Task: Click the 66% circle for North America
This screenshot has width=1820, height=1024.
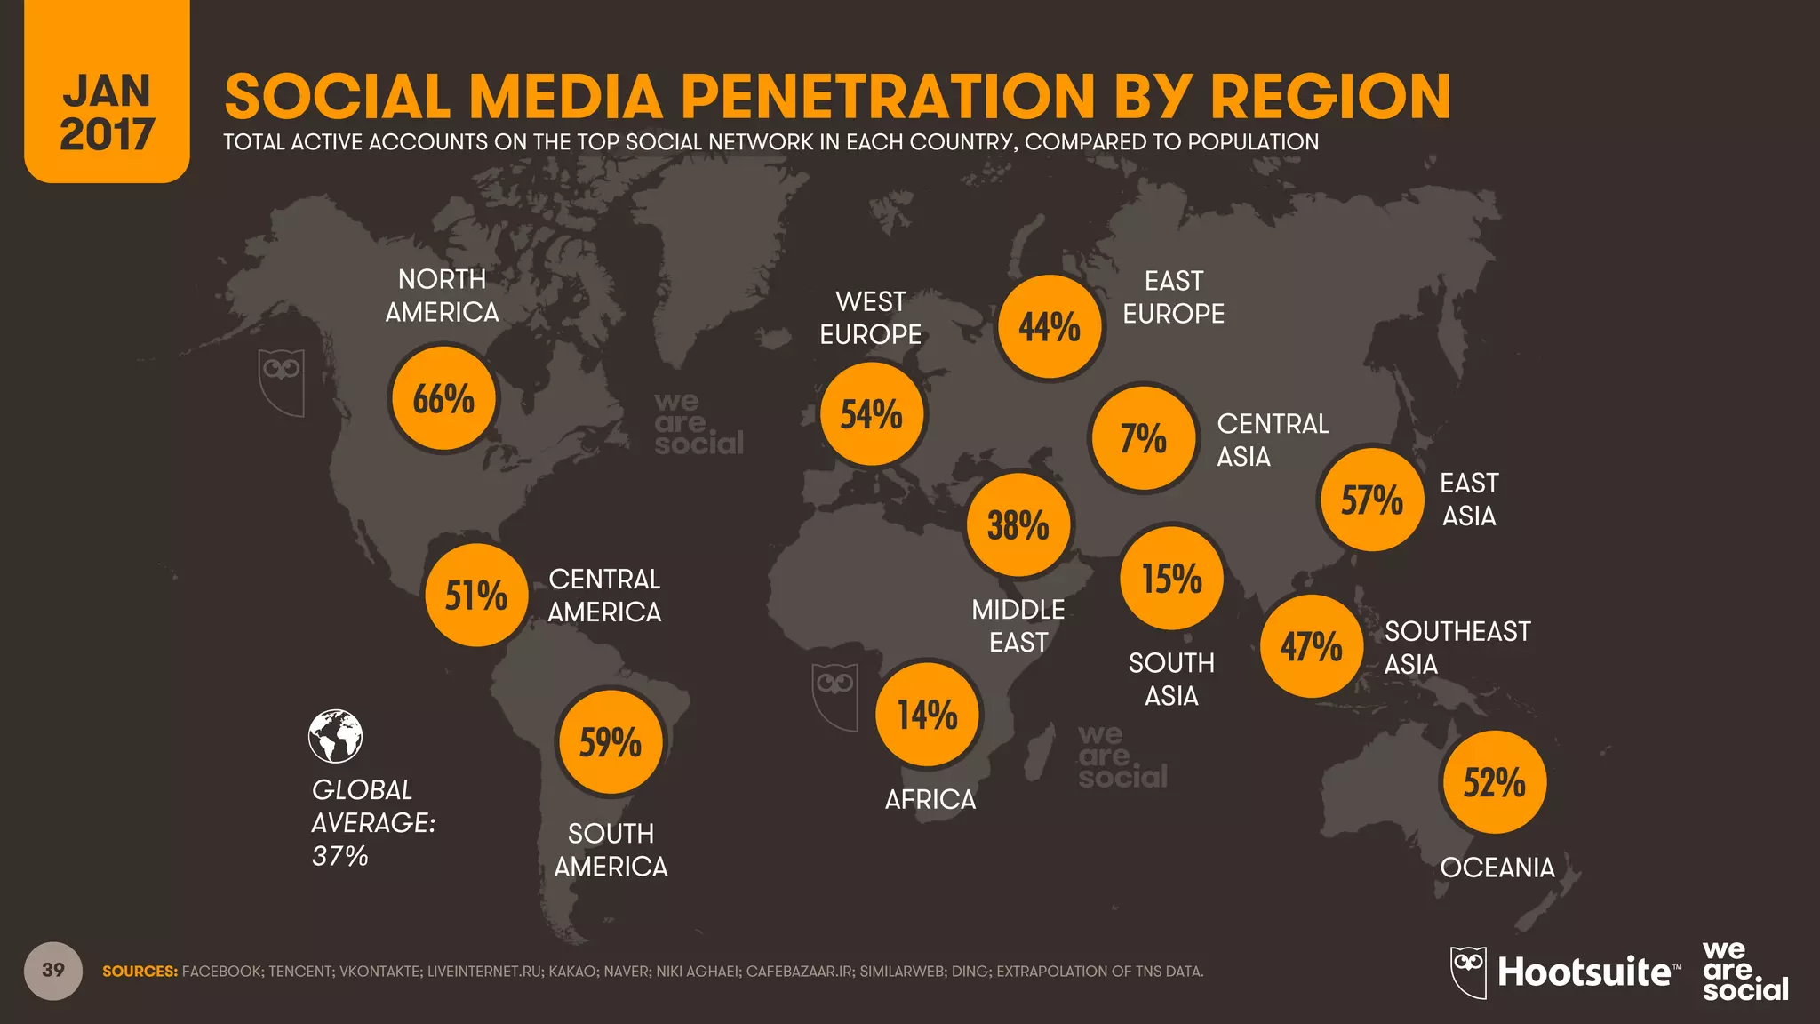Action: point(443,399)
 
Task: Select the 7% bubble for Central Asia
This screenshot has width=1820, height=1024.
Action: point(1143,438)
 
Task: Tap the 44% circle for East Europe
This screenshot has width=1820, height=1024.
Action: point(1050,327)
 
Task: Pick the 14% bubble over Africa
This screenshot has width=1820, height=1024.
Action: point(927,715)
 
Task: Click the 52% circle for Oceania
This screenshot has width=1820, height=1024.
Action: point(1494,782)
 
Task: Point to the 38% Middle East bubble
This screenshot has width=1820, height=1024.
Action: point(1018,525)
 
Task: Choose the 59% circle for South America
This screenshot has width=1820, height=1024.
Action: point(611,742)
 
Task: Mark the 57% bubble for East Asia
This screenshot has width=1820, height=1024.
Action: point(1371,500)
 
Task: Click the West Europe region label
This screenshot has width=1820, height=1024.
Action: point(870,318)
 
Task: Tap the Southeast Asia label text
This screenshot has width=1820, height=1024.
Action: point(1457,647)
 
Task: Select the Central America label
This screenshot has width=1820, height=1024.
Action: point(604,596)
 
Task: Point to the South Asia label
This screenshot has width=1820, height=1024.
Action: point(1171,679)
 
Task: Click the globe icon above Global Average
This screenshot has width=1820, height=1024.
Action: point(335,736)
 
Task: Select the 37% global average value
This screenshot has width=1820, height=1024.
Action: point(339,856)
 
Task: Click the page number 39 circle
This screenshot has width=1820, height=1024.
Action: point(53,970)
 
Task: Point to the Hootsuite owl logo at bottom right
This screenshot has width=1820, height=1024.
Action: point(1468,972)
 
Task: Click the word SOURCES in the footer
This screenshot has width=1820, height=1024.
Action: point(140,972)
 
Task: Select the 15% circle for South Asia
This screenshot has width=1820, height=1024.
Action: point(1171,578)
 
